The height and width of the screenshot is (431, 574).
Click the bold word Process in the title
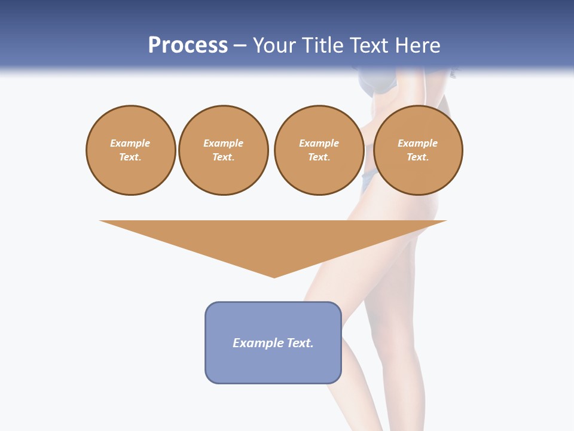pos(188,45)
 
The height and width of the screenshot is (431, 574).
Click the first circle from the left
pos(131,150)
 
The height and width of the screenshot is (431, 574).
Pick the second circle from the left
pos(224,150)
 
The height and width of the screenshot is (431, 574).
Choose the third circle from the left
pos(319,150)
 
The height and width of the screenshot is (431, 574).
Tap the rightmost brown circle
pos(418,150)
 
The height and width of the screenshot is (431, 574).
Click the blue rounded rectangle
pos(273,342)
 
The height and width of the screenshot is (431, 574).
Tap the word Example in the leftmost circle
pos(130,144)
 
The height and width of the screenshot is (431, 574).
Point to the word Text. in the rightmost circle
pos(418,157)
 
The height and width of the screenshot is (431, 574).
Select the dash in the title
pos(240,45)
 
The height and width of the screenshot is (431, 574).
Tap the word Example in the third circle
pos(319,144)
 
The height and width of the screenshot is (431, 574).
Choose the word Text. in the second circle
pos(224,157)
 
